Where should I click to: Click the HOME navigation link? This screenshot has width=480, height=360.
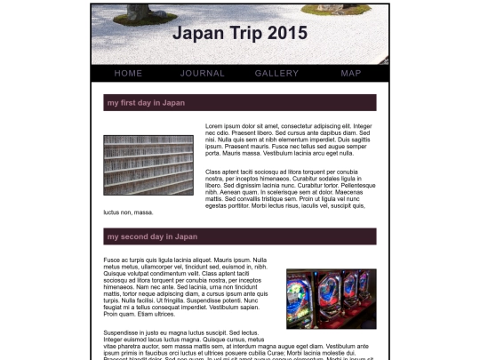click(128, 73)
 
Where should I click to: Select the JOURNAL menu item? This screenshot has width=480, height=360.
click(203, 73)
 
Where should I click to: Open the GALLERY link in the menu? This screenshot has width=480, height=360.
click(276, 73)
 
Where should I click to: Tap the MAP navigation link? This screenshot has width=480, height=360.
click(350, 73)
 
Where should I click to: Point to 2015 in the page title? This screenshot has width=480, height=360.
click(287, 34)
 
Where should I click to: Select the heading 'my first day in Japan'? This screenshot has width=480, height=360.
click(146, 103)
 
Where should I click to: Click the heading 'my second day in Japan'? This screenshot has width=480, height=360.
click(152, 236)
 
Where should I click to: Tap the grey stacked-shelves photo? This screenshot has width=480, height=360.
click(148, 165)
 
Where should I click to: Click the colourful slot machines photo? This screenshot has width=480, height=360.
click(331, 299)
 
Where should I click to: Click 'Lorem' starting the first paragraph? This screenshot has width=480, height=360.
click(214, 126)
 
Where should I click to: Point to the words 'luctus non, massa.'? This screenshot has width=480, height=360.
click(128, 212)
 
